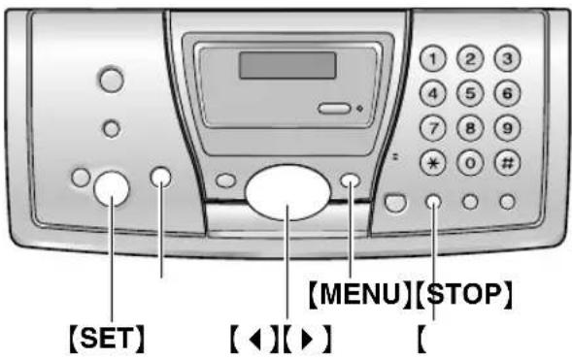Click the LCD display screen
(x=286, y=65)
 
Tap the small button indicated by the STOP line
(x=434, y=201)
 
